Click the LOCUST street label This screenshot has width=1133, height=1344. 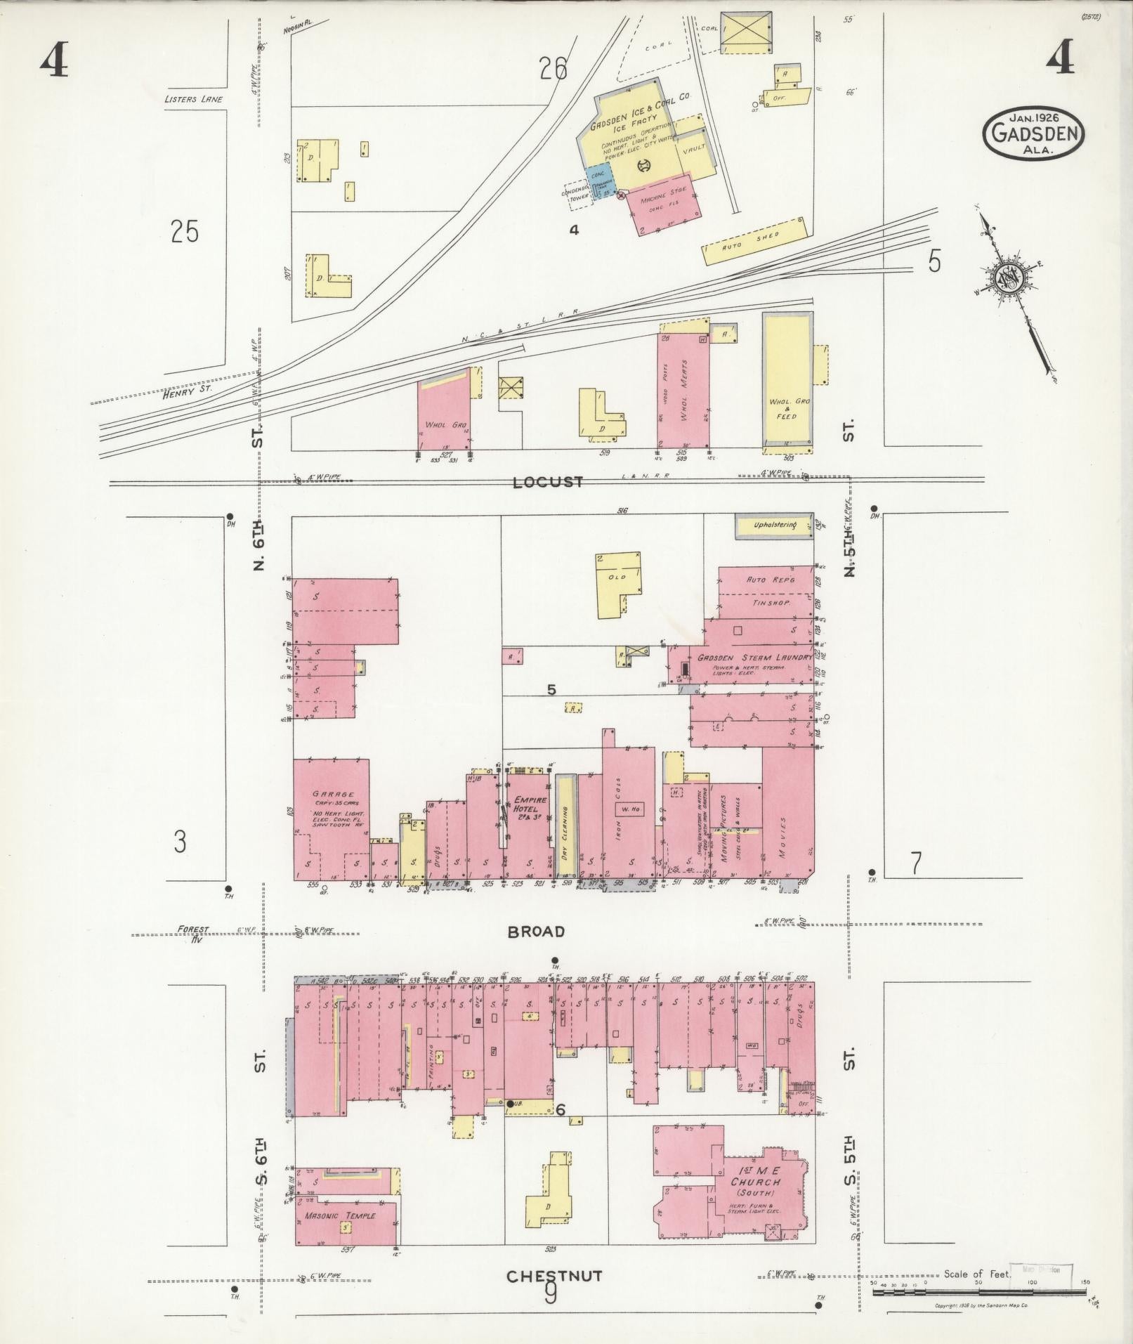click(x=548, y=482)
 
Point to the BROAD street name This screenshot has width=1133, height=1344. click(x=537, y=932)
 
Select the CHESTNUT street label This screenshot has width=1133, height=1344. click(x=554, y=1275)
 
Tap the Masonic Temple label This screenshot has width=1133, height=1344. click(x=340, y=1215)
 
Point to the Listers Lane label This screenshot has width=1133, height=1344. click(x=193, y=99)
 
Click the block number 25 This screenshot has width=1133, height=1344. click(x=185, y=231)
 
